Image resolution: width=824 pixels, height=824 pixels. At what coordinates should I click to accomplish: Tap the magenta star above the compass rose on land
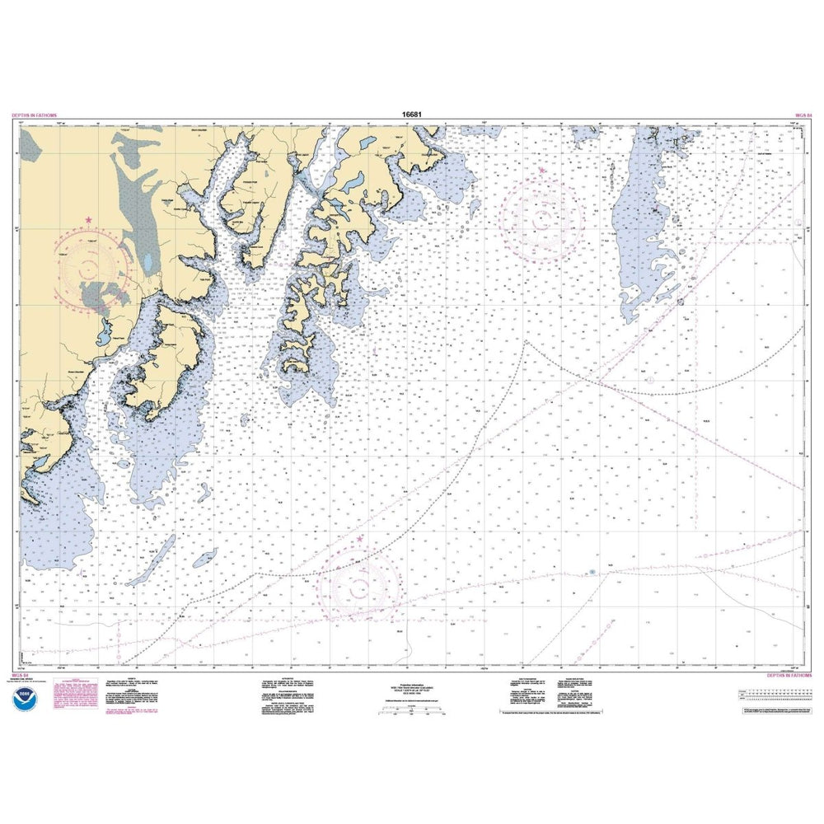coord(88,220)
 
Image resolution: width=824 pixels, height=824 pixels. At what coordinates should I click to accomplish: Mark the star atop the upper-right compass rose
coord(541,171)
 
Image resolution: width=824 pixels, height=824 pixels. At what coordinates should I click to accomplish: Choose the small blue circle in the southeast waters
coord(592,572)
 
